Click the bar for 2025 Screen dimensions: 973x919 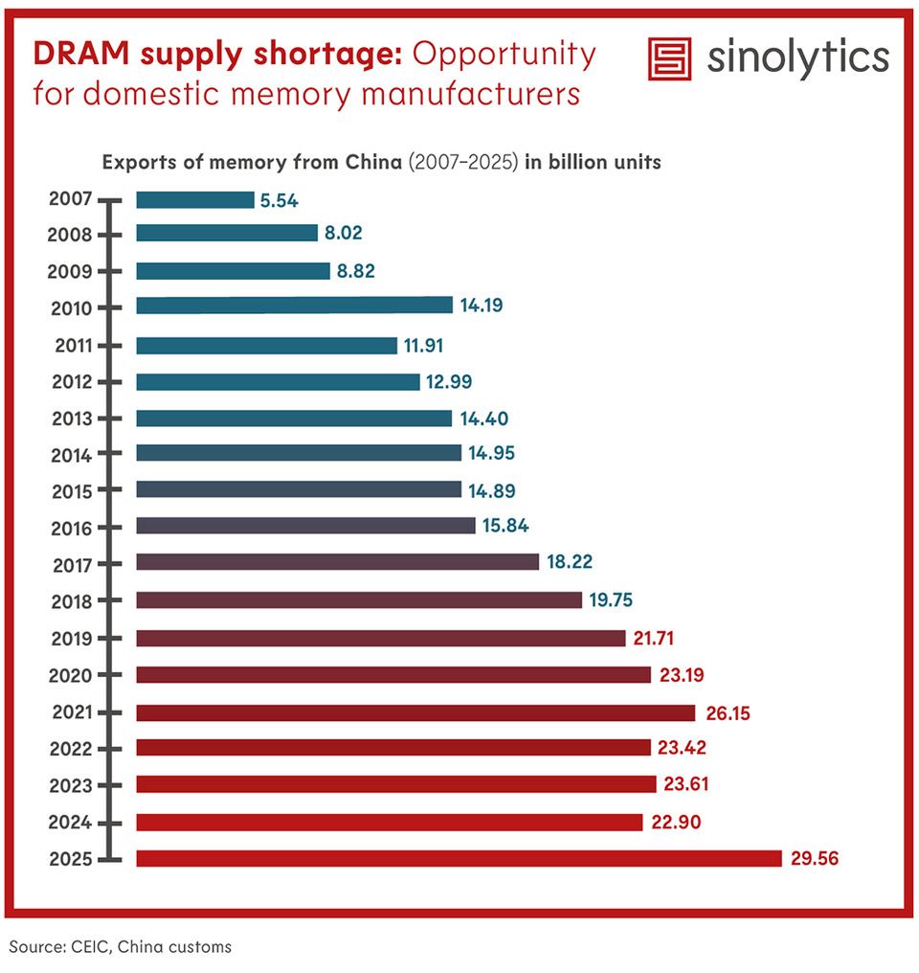click(x=459, y=859)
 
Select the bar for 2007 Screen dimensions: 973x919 click(x=195, y=200)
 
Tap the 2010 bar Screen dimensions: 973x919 click(x=294, y=305)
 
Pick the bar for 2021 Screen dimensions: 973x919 click(x=415, y=713)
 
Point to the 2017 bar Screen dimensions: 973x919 click(x=337, y=562)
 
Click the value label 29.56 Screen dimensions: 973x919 click(x=816, y=859)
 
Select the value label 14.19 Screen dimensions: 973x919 click(x=482, y=305)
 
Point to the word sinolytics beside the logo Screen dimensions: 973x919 click(x=797, y=59)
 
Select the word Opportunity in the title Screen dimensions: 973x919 click(x=504, y=54)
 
